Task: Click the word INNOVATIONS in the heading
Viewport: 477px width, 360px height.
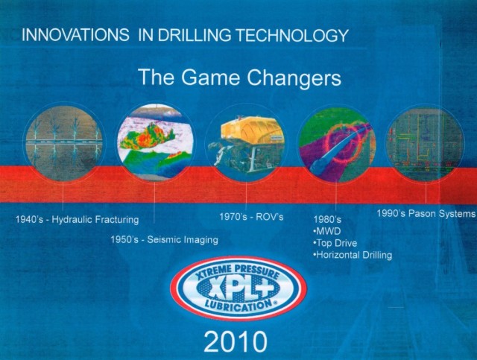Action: tap(75, 35)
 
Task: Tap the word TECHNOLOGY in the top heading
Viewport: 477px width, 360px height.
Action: tap(292, 35)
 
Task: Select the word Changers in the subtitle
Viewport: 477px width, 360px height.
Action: tap(294, 78)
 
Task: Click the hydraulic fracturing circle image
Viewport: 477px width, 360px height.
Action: tap(64, 143)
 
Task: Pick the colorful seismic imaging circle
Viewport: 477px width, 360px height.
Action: tap(155, 142)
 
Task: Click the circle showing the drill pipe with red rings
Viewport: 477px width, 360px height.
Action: tap(337, 144)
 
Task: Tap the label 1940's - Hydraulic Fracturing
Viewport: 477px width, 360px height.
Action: tap(77, 219)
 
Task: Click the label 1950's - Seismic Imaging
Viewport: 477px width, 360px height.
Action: tap(164, 240)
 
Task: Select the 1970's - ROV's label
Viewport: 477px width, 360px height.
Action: tap(251, 217)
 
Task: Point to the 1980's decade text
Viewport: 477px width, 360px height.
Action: tap(327, 219)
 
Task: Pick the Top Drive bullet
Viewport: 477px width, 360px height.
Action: tap(335, 243)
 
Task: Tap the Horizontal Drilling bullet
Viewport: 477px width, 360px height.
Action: tap(353, 255)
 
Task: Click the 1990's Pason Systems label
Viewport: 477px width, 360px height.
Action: tap(426, 213)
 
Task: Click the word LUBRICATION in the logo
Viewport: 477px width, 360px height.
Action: tap(238, 306)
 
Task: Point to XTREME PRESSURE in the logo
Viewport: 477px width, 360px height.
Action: tap(237, 271)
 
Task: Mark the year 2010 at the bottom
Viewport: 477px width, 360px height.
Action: tap(236, 342)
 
